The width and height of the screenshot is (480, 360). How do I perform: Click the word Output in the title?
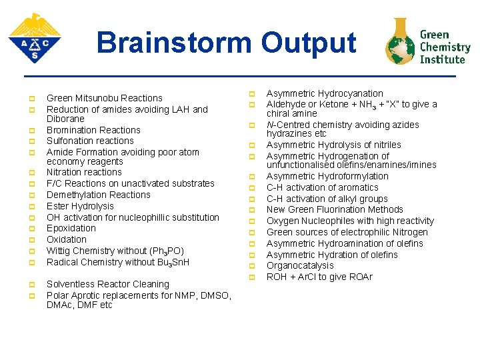[x=309, y=43]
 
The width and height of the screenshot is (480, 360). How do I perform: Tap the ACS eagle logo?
[x=35, y=38]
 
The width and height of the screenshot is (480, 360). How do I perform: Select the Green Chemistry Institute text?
[x=445, y=47]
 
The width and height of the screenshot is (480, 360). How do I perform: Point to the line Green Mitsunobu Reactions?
[x=104, y=98]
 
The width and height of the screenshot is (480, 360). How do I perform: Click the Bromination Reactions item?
[x=93, y=130]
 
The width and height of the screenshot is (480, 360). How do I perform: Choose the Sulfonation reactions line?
[x=90, y=141]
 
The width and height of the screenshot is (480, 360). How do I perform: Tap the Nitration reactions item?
[x=84, y=172]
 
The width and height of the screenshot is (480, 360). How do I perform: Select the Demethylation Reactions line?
[x=98, y=195]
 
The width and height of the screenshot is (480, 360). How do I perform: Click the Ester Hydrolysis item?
[x=80, y=206]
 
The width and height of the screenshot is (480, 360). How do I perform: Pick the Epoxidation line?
[x=71, y=228]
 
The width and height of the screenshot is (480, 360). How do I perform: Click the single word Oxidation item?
[x=67, y=239]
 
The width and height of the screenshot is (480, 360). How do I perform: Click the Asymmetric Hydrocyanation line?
[x=325, y=93]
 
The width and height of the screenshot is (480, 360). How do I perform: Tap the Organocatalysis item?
[x=300, y=265]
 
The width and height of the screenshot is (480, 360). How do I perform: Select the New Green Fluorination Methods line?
[x=335, y=209]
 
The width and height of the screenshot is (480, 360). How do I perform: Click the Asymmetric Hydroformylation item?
[x=327, y=176]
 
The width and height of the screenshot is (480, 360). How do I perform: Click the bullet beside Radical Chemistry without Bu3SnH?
[x=31, y=263]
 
